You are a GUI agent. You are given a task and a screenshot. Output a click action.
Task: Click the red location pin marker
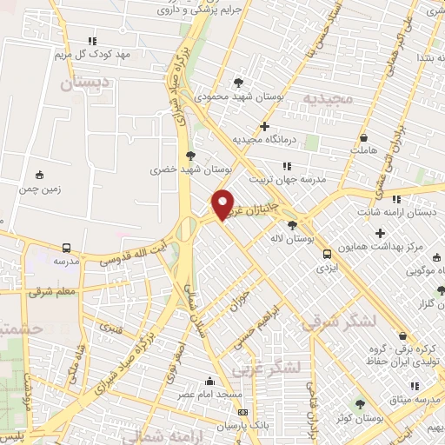(x=223, y=204)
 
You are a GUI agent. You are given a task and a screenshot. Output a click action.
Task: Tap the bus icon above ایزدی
(x=326, y=254)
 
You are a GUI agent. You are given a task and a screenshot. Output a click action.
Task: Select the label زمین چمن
(x=36, y=186)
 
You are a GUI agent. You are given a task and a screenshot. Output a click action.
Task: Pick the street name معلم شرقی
(x=53, y=292)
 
